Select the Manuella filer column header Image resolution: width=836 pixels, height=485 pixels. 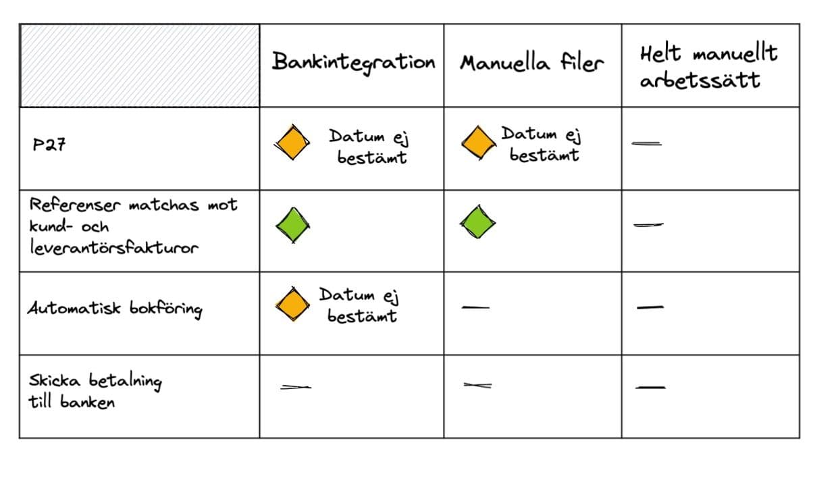click(531, 63)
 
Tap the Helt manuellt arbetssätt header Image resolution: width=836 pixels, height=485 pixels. click(708, 67)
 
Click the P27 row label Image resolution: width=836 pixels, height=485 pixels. click(49, 145)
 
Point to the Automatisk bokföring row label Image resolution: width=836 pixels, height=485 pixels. click(115, 309)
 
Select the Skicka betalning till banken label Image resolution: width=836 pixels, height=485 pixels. click(95, 391)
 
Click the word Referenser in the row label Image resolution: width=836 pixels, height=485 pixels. click(75, 205)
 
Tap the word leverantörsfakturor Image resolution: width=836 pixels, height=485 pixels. click(114, 247)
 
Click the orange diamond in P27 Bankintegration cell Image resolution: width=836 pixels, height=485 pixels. click(292, 143)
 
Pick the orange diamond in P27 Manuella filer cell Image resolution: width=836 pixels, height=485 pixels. click(479, 143)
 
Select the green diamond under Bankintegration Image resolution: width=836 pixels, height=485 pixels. click(293, 225)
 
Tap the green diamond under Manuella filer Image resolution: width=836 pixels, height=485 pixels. click(477, 222)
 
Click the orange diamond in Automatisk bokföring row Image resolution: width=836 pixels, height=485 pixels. click(292, 305)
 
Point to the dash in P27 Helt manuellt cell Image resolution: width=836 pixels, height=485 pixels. click(646, 144)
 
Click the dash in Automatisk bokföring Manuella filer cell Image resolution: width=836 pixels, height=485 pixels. click(475, 307)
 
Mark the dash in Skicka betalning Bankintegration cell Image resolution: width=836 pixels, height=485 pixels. click(296, 387)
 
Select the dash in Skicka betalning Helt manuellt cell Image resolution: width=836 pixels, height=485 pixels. click(650, 388)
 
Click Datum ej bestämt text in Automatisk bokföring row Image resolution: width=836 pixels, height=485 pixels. click(359, 305)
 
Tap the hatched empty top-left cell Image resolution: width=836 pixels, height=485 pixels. click(140, 66)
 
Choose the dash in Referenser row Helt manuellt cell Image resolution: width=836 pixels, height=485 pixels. click(649, 225)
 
